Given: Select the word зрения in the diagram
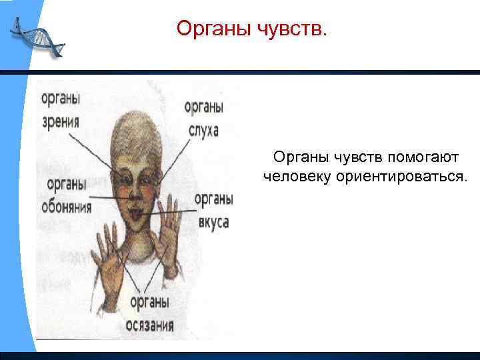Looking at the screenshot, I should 60,122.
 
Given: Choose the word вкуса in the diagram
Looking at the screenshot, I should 213,222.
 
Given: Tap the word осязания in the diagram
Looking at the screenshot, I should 149,325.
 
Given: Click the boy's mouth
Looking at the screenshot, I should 138,215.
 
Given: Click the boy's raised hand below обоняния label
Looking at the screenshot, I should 110,260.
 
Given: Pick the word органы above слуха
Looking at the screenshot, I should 203,107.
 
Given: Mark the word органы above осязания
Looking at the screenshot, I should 149,302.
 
